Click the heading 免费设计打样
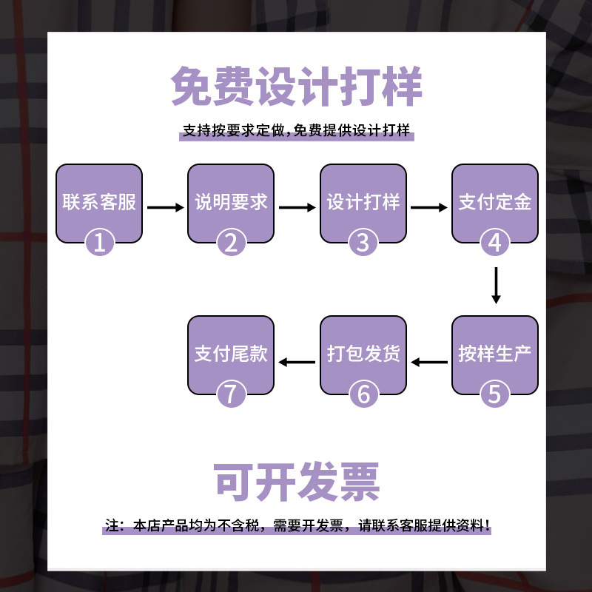(x=296, y=88)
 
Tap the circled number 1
(x=99, y=242)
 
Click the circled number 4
(x=495, y=242)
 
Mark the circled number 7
(x=231, y=394)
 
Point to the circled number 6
(x=363, y=394)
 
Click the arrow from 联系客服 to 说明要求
(x=165, y=208)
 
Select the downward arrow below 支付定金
(x=496, y=285)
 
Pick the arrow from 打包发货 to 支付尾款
(x=297, y=362)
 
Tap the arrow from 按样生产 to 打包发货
(x=429, y=362)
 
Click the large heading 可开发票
(x=296, y=481)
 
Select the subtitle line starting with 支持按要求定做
(x=296, y=132)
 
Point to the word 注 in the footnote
(x=112, y=526)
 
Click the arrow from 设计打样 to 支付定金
(x=429, y=208)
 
